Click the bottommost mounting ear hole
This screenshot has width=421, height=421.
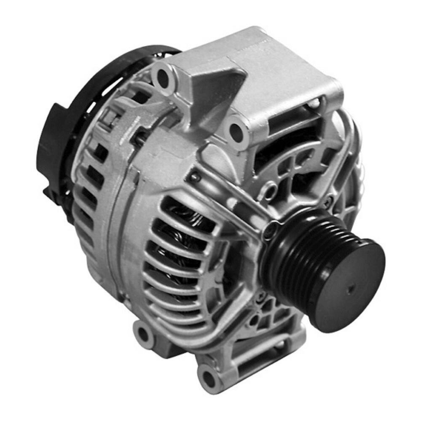pyautogui.click(x=209, y=375)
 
